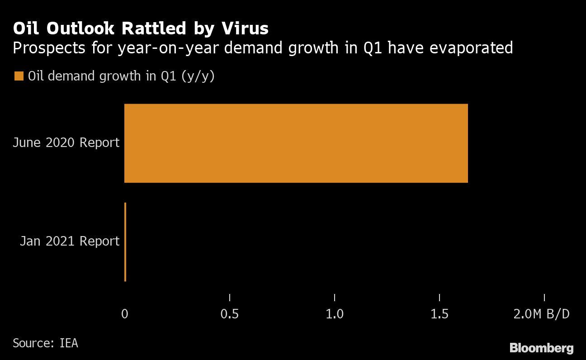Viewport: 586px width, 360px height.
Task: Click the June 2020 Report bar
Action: coord(296,143)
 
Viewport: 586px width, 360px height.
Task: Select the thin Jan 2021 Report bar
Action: coord(125,242)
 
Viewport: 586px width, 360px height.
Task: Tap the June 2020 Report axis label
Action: coord(66,143)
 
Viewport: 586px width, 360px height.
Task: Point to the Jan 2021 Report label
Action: coord(70,242)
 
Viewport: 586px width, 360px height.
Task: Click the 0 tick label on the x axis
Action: coord(125,314)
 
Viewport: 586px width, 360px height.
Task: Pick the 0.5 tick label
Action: coord(230,314)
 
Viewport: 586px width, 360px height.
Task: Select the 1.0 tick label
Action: coord(335,314)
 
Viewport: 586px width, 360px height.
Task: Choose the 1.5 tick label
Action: coord(439,314)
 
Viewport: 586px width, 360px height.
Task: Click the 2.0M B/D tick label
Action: coord(541,314)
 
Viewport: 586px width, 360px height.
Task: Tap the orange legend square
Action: coord(19,76)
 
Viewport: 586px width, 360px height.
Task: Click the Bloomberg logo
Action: coord(541,348)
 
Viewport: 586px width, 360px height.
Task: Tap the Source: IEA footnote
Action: coord(45,343)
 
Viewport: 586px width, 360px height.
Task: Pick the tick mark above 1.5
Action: coord(439,297)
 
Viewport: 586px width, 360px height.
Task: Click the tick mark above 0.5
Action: coord(230,297)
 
